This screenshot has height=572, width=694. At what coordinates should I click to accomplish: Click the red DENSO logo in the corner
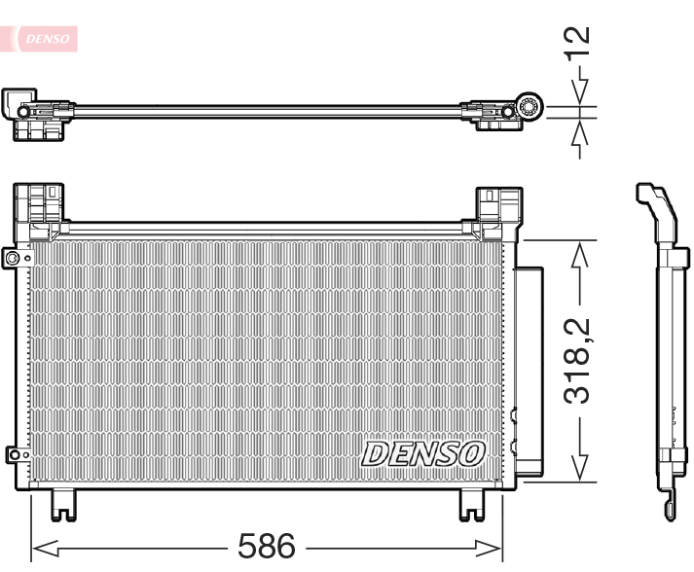coord(42,38)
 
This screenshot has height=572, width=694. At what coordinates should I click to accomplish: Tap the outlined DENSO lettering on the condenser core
coord(423,453)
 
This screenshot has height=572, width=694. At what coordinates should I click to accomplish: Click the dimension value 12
coord(578,42)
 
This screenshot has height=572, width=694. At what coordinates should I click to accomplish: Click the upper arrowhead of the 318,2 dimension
coord(580,255)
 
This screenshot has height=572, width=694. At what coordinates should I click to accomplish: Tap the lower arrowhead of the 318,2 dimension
coord(580,466)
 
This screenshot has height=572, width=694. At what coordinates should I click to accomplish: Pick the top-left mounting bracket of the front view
coord(41,208)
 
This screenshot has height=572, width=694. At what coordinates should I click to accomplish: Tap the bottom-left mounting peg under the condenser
coord(62,502)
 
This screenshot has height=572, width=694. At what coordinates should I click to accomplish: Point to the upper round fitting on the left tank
coord(13,258)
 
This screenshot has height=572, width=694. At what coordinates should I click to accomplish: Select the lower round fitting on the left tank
coord(13,453)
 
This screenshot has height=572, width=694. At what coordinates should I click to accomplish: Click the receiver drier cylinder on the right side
coord(530,370)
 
